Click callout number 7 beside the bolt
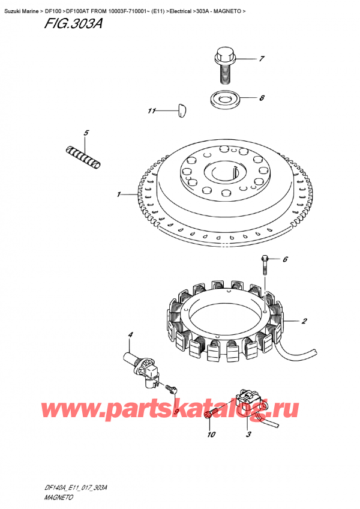[x=262, y=59]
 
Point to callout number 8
[x=262, y=98]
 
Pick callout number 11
[x=152, y=111]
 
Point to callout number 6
[x=285, y=259]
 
